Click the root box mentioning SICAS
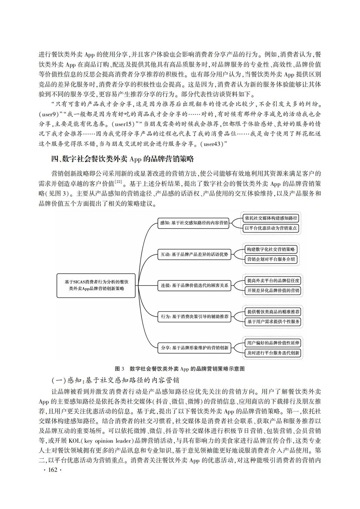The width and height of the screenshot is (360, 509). (96, 285)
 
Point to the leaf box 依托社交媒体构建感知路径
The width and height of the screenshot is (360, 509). (271, 218)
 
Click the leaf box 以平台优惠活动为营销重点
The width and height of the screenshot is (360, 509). (271, 228)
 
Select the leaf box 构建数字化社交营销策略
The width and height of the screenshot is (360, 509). (271, 249)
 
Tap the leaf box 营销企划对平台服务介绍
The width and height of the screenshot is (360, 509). (271, 259)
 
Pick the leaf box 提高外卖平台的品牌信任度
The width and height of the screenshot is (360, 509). (273, 280)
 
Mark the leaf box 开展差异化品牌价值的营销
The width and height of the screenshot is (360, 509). (273, 290)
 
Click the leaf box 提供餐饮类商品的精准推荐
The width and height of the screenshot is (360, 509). (273, 312)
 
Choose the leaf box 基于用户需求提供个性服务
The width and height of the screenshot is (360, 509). (273, 322)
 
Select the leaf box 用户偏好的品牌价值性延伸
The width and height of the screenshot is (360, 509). (273, 343)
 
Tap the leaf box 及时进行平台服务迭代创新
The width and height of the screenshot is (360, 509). (273, 353)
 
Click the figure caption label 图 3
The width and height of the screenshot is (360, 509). (119, 369)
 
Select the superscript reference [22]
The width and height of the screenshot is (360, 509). (118, 182)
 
